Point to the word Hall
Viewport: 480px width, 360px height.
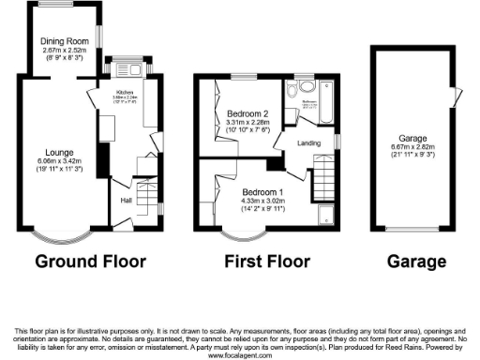[x=125, y=199]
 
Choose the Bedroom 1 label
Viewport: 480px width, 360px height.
[x=249, y=191]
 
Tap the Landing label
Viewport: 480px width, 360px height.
[x=308, y=142]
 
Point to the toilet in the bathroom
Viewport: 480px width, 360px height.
[x=292, y=91]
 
